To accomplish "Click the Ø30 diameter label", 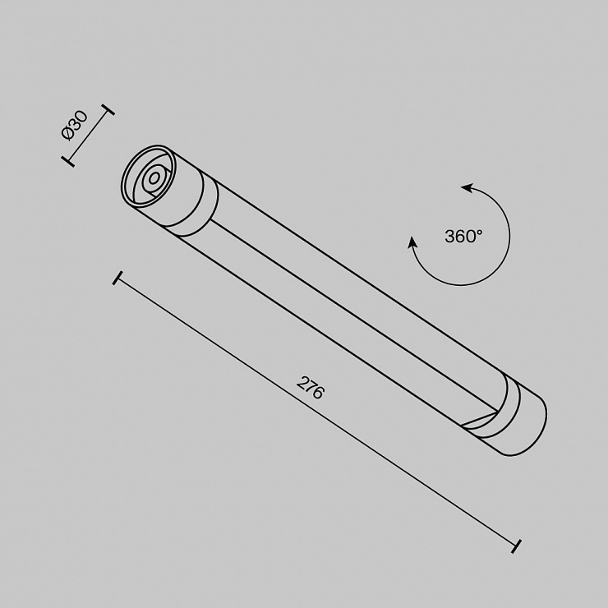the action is click(76, 125).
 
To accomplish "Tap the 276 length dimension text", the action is click(310, 387).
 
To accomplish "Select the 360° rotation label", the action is click(463, 236).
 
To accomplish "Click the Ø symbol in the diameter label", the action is click(68, 133).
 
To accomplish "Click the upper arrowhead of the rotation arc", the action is click(467, 188).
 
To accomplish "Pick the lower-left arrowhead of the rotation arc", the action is click(412, 242).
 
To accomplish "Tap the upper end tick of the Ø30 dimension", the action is click(108, 109).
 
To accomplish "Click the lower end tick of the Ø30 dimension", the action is click(68, 161).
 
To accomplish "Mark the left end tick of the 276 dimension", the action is click(117, 278).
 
